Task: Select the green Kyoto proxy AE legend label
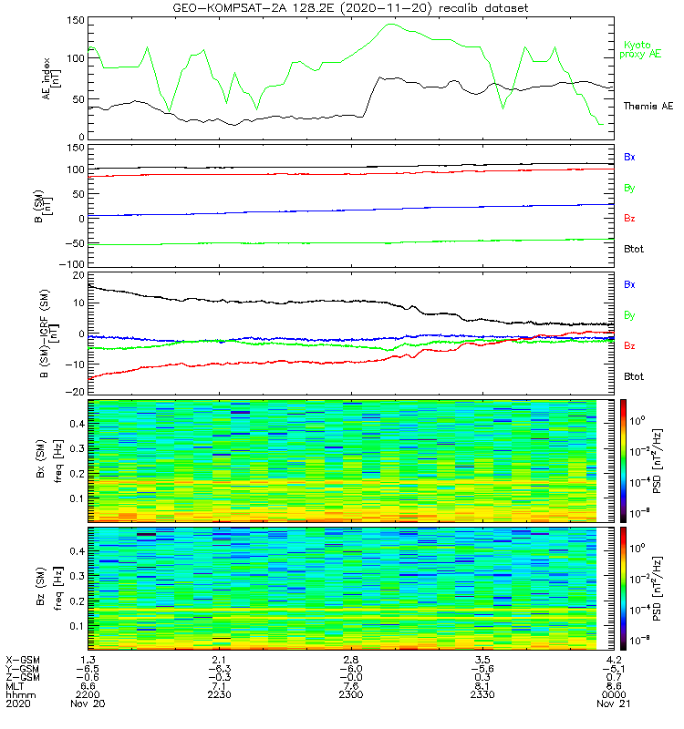click(642, 50)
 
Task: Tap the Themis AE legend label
click(647, 107)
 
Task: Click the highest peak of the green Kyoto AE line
click(391, 24)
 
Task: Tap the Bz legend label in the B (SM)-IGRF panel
click(629, 346)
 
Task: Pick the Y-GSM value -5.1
click(610, 667)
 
